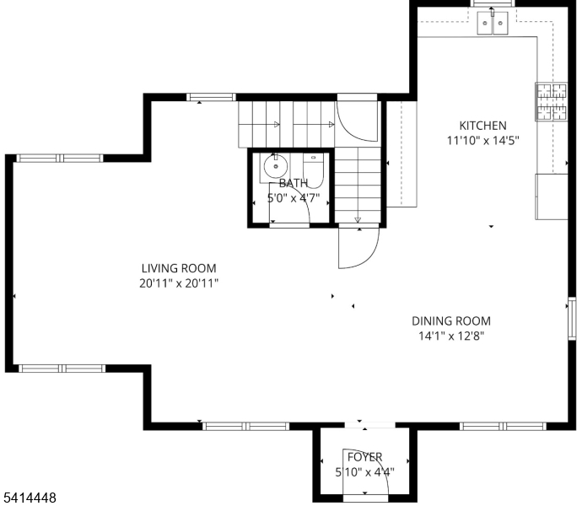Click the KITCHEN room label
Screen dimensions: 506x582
(x=482, y=126)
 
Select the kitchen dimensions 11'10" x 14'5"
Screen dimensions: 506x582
(x=482, y=141)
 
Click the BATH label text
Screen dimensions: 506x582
(x=293, y=183)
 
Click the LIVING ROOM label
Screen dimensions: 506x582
(x=179, y=269)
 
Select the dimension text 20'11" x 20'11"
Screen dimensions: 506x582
(x=179, y=284)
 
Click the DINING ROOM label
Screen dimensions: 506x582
(x=450, y=320)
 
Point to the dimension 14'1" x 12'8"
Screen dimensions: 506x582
(x=450, y=336)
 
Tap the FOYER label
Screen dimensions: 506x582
(x=364, y=457)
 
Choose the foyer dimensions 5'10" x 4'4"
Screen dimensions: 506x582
(x=364, y=472)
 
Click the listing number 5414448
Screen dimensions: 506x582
(x=30, y=498)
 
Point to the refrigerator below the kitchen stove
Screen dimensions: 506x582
(x=552, y=196)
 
